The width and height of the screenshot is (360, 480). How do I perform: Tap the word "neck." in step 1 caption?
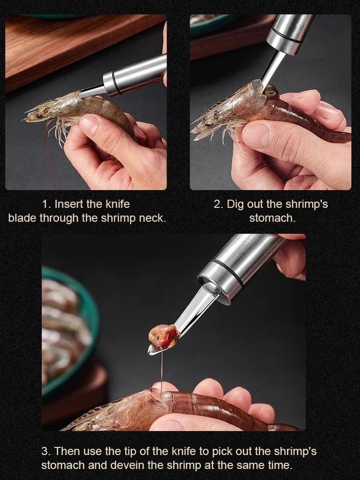click(x=152, y=218)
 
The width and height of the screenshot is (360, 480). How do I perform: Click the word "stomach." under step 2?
click(x=272, y=218)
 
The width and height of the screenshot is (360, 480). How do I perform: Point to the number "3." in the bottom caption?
click(x=46, y=451)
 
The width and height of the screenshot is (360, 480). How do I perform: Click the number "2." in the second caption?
click(x=219, y=204)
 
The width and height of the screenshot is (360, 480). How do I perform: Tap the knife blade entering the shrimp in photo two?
click(x=272, y=72)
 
